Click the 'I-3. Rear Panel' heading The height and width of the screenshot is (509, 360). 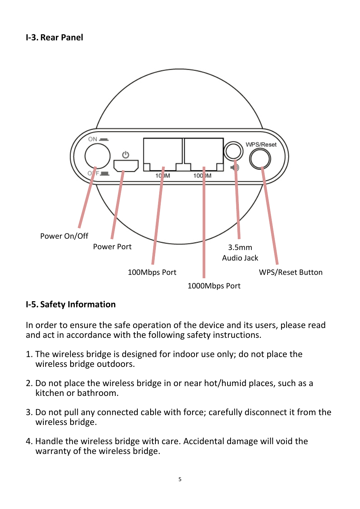pyautogui.click(x=54, y=37)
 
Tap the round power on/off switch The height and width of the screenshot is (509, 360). pyautogui.click(x=97, y=156)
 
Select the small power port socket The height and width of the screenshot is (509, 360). pyautogui.click(x=126, y=166)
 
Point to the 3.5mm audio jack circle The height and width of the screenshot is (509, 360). pyautogui.click(x=233, y=151)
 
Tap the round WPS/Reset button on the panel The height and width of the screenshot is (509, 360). pyautogui.click(x=260, y=159)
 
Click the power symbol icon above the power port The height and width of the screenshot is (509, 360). pyautogui.click(x=126, y=155)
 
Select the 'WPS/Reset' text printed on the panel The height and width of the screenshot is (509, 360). pyautogui.click(x=261, y=144)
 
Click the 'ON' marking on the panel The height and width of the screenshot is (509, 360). pyautogui.click(x=93, y=139)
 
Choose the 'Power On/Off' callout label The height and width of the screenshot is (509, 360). pyautogui.click(x=64, y=236)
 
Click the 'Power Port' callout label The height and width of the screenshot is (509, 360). pyautogui.click(x=112, y=247)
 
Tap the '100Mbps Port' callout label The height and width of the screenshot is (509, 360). pyautogui.click(x=152, y=272)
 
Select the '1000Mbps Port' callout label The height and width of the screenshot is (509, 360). pyautogui.click(x=214, y=286)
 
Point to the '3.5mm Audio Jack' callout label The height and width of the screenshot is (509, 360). pyautogui.click(x=240, y=253)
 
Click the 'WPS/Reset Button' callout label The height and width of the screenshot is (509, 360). pyautogui.click(x=291, y=272)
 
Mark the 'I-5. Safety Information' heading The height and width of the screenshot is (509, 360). pyautogui.click(x=71, y=304)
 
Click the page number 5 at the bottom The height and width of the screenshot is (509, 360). pyautogui.click(x=180, y=479)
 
